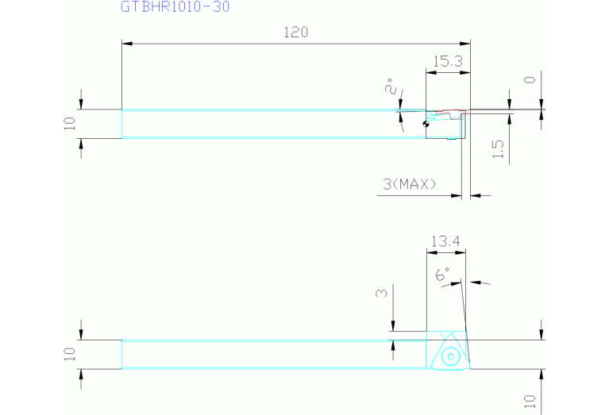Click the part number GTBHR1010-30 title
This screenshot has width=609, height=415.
(x=175, y=6)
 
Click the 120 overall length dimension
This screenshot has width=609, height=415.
(x=296, y=33)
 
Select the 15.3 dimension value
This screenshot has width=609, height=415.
(x=448, y=61)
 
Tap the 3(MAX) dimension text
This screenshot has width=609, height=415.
(x=410, y=183)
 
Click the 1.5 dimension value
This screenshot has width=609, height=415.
(x=498, y=149)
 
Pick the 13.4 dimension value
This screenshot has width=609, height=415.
(x=445, y=241)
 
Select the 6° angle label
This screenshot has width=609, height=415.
(x=442, y=274)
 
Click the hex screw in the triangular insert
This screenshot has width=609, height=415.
(x=450, y=356)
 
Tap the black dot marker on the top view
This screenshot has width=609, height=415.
(x=426, y=124)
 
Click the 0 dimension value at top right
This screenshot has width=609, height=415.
(x=530, y=79)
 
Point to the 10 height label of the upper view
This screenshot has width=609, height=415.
(x=70, y=124)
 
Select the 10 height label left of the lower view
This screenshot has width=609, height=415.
(x=70, y=354)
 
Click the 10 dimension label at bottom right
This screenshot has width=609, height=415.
(x=530, y=402)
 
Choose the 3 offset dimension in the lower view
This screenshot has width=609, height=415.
(x=382, y=292)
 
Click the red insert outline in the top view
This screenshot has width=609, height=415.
(x=450, y=113)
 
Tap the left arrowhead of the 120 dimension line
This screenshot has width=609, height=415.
(x=127, y=44)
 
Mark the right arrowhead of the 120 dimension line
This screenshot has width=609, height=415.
(x=465, y=44)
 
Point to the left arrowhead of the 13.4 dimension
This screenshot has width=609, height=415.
(x=432, y=252)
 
